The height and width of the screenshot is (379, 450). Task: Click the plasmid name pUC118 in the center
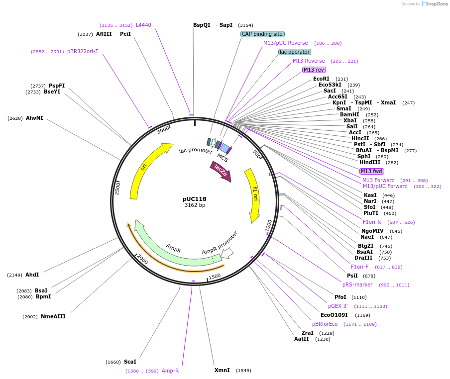point(195,199)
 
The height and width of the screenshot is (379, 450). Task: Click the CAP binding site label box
point(262,34)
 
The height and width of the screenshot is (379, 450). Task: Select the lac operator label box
point(295,52)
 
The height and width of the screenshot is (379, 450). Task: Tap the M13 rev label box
point(314,70)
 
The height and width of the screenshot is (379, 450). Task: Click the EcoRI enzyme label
point(321,79)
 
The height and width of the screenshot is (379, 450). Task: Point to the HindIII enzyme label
point(369,162)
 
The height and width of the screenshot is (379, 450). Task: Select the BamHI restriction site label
point(349,114)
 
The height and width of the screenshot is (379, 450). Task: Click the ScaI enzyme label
point(130,362)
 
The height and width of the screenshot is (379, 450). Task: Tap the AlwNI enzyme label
point(34,118)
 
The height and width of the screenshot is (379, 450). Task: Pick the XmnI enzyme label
point(222,370)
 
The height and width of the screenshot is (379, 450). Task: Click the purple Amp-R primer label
point(170,371)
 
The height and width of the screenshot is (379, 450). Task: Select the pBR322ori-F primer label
point(83,51)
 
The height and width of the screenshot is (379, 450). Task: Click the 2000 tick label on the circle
point(142,260)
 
